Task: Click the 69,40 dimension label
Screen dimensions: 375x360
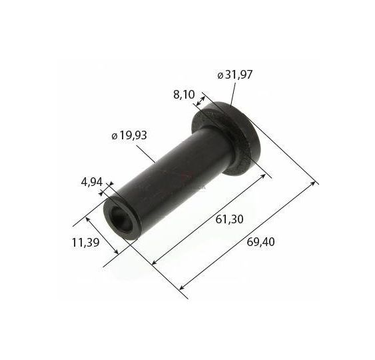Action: (260, 242)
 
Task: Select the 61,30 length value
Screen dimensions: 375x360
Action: (229, 219)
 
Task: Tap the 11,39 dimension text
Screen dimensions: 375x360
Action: (86, 243)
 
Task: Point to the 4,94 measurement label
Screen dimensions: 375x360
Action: (92, 183)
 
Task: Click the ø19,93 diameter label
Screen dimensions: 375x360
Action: (129, 135)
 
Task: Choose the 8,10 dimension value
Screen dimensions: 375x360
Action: (184, 95)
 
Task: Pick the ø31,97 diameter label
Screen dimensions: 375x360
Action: (235, 75)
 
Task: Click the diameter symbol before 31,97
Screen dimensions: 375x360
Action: (220, 76)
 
